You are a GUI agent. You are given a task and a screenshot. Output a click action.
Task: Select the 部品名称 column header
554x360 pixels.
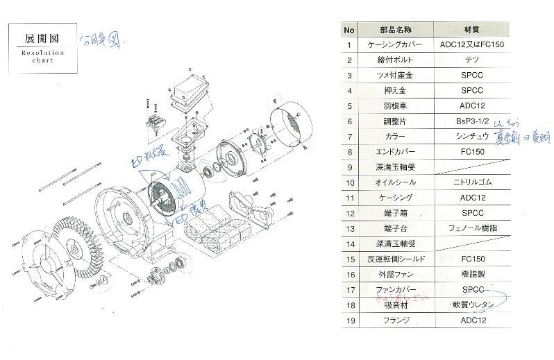coord(395,31)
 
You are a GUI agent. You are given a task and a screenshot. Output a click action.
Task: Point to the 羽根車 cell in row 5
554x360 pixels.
coord(395,106)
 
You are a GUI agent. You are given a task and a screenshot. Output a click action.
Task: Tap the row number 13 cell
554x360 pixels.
coord(350,228)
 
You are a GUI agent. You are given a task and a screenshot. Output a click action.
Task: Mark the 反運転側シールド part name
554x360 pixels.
coord(395,259)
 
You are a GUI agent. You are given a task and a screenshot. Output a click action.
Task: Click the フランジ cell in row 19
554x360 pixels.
coord(395,320)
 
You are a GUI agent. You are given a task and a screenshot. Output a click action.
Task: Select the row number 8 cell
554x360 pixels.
coord(350,152)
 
